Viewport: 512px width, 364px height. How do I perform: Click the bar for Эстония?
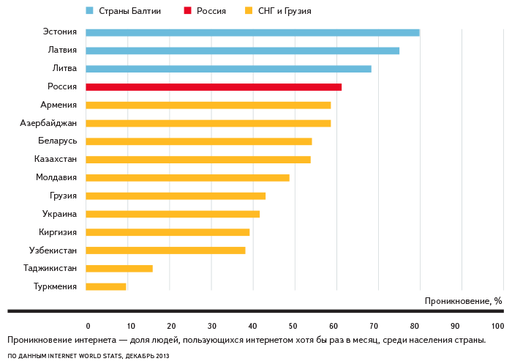[252, 32]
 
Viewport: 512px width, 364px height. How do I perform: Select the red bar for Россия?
[214, 87]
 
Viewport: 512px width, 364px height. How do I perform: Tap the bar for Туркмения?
[106, 286]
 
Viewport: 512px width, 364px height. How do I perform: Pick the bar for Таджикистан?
[119, 268]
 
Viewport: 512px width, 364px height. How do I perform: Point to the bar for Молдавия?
[187, 178]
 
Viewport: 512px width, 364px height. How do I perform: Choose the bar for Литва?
[228, 69]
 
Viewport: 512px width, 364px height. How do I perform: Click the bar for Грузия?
[176, 196]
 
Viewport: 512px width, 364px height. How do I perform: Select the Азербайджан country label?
[48, 122]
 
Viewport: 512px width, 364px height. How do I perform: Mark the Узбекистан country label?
[53, 250]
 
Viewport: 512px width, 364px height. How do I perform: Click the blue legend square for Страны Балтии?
[89, 11]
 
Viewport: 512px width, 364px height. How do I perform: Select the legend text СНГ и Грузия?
[284, 11]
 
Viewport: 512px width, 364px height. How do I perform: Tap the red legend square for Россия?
[187, 11]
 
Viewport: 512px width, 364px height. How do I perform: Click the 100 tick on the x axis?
[498, 326]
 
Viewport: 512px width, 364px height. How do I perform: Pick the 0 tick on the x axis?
[88, 326]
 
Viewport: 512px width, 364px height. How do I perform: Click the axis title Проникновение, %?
[463, 301]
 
